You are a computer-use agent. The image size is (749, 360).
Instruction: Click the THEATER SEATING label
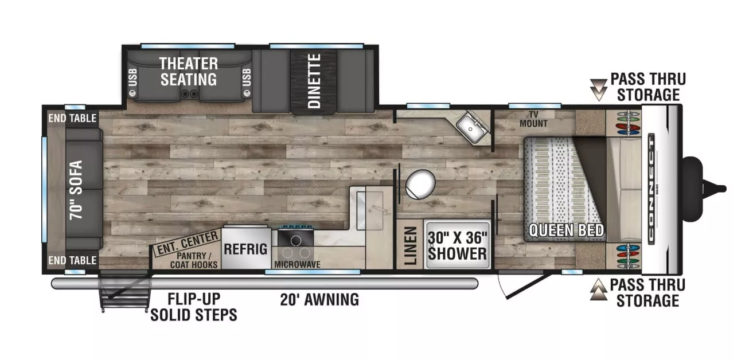188,71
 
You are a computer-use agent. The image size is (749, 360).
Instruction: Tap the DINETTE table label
313,81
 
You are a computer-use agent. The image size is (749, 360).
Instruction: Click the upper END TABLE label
72,119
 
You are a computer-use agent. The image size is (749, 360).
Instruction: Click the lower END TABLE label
72,260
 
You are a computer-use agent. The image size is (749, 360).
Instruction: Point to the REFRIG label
245,249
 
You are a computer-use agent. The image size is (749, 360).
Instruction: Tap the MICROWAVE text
297,264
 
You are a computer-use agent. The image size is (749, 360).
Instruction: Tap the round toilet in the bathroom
420,184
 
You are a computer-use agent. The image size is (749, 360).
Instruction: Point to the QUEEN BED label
565,230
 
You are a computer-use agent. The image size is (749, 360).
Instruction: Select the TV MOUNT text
533,120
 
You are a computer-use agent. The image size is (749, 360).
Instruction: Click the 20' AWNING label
319,299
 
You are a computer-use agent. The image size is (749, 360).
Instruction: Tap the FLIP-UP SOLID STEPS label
193,307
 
